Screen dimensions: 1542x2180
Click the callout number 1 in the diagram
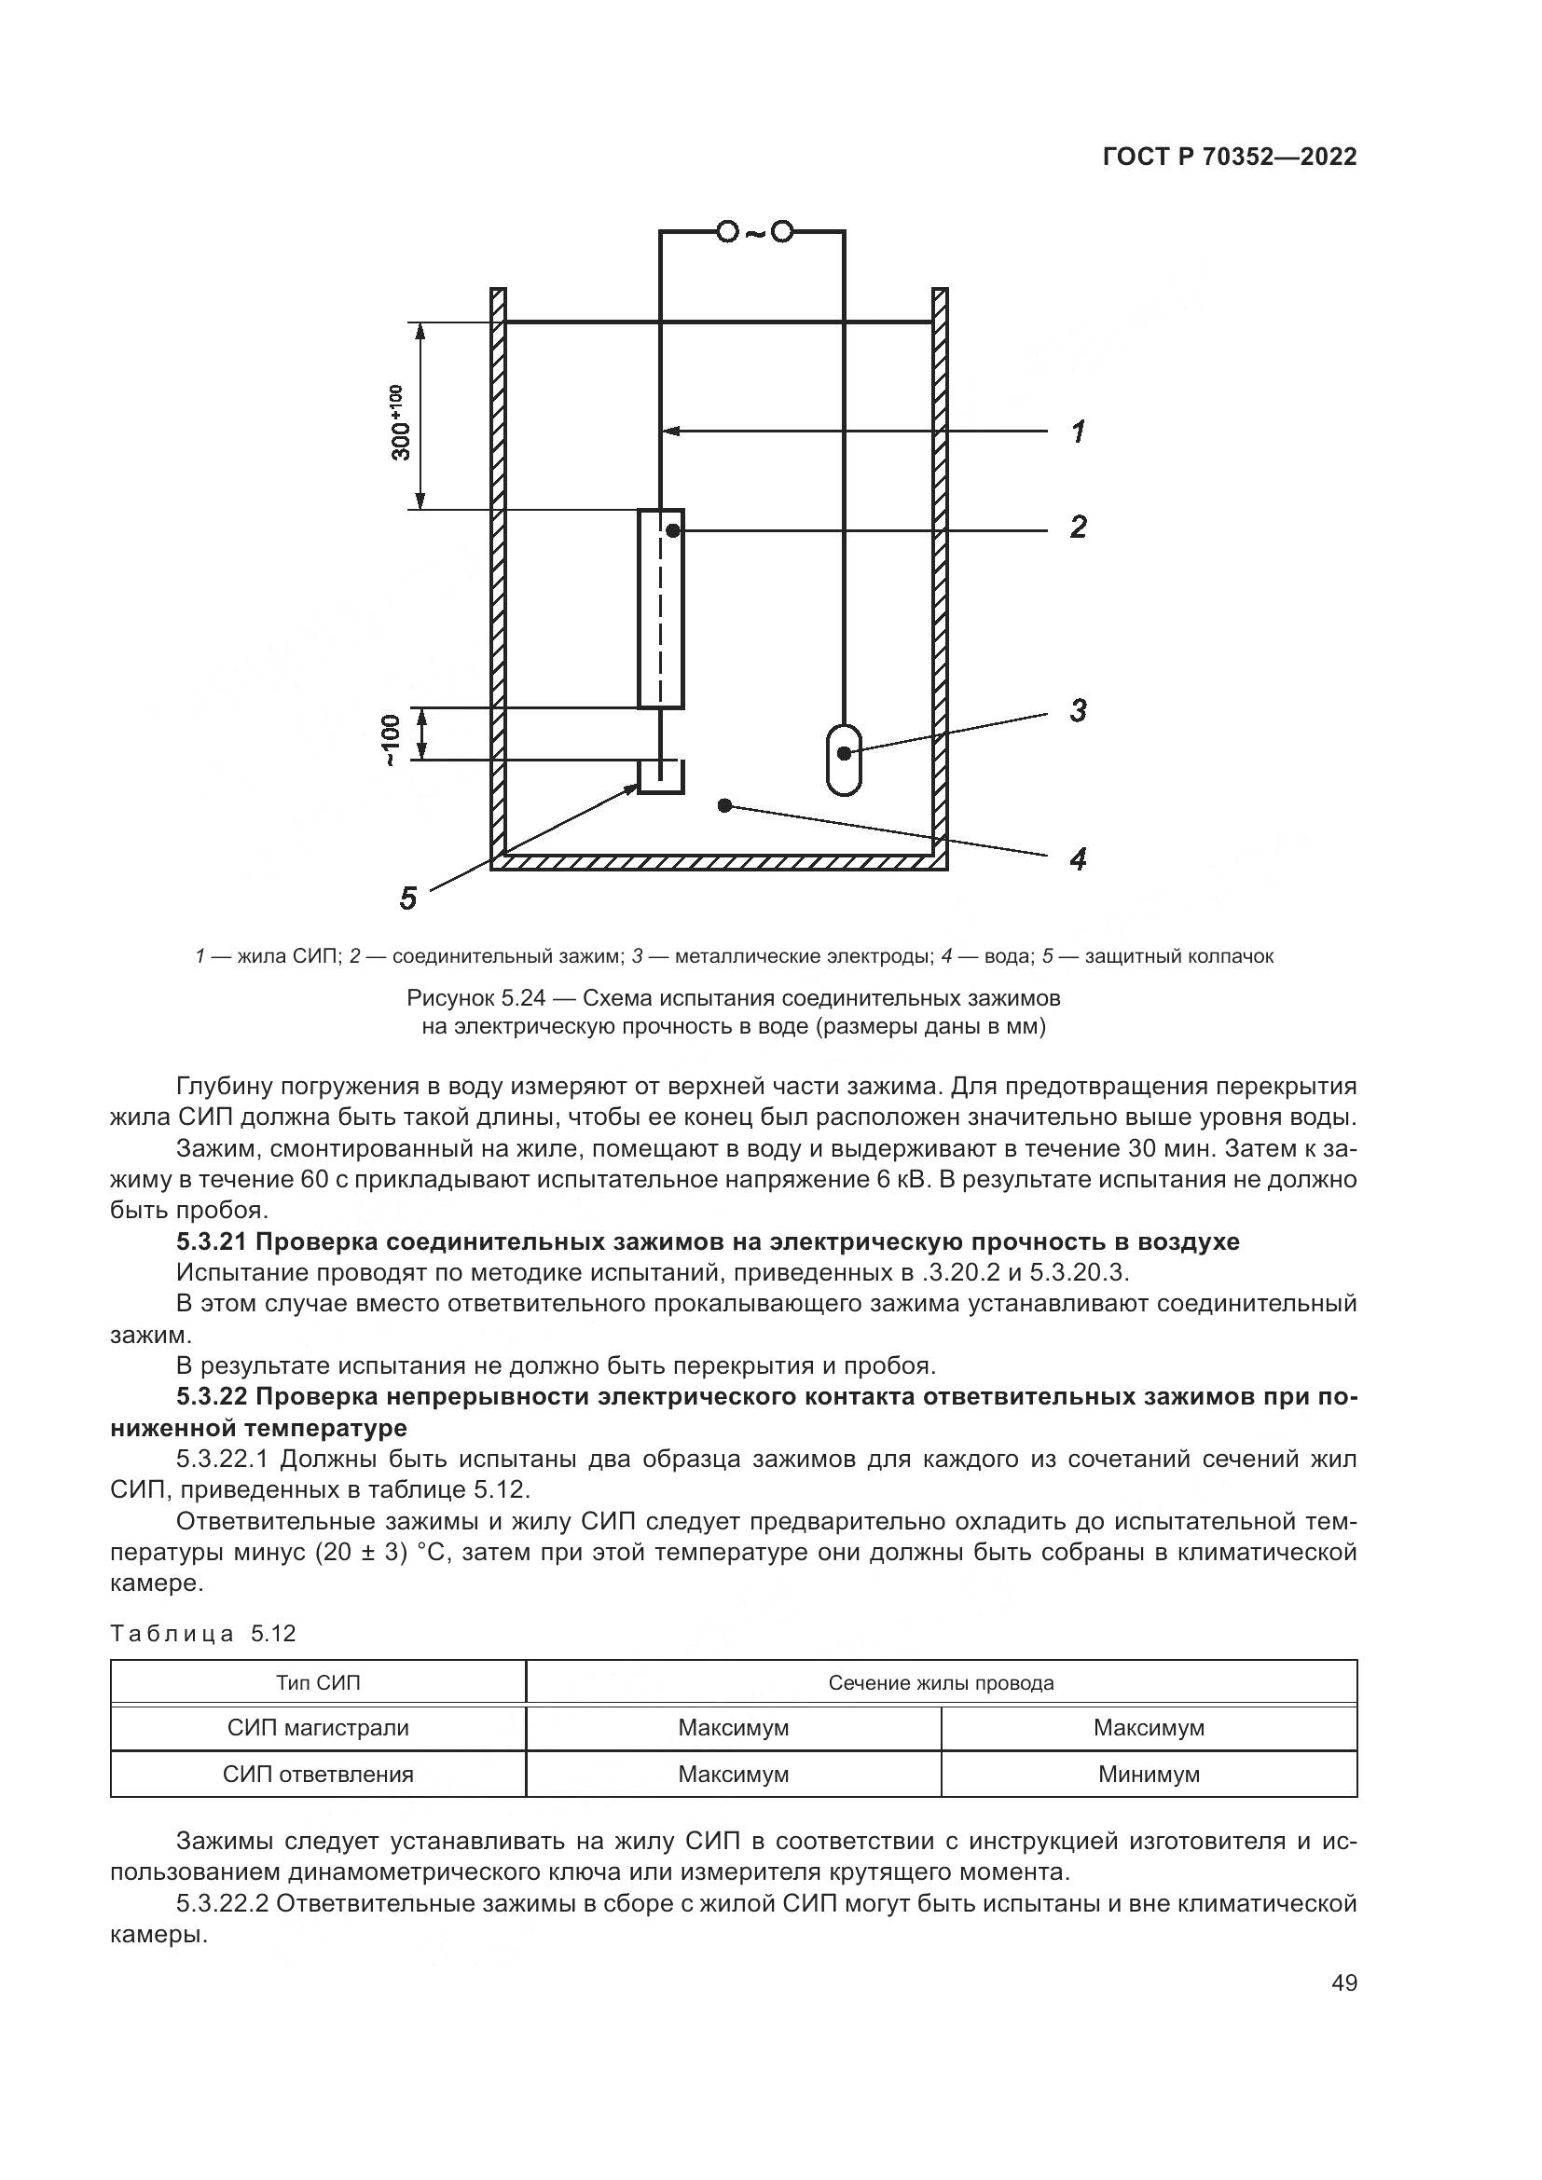click(1079, 432)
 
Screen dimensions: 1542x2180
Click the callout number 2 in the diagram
click(1079, 527)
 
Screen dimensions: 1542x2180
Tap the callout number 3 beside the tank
click(1079, 710)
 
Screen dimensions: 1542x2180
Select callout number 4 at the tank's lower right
click(1079, 859)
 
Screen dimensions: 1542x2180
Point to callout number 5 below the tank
click(408, 898)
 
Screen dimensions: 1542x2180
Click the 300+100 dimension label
click(399, 421)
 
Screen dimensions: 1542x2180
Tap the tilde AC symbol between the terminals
click(754, 232)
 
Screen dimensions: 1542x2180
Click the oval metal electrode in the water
click(843, 760)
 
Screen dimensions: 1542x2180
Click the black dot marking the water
click(724, 806)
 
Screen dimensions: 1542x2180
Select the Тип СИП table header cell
click(318, 1683)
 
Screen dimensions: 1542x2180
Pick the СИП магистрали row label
click(318, 1727)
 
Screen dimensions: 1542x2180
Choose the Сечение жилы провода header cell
click(941, 1683)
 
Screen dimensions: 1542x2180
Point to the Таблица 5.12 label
click(203, 1633)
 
